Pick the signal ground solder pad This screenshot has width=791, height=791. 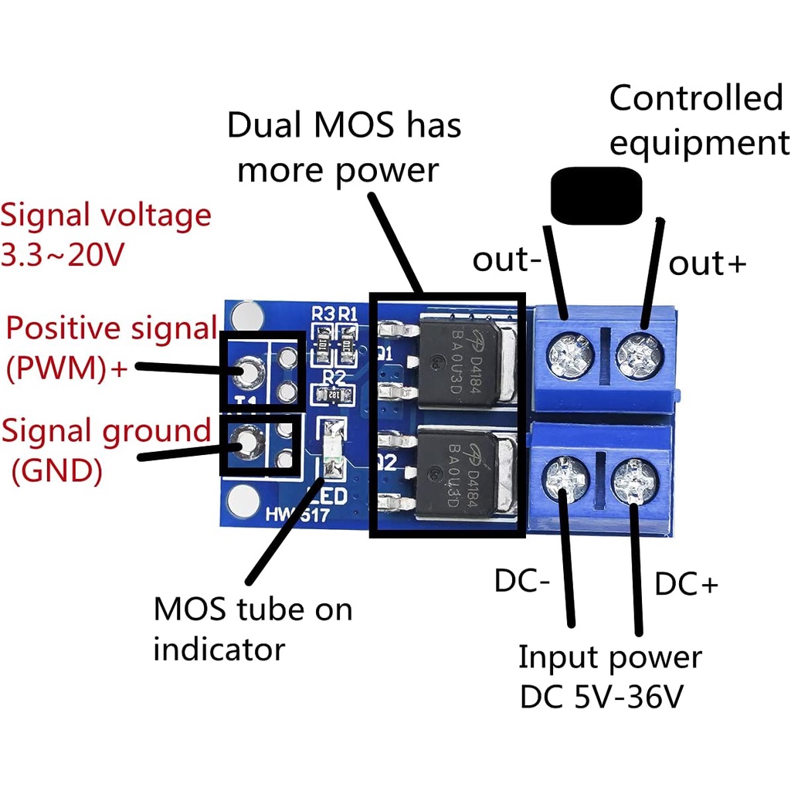click(x=246, y=443)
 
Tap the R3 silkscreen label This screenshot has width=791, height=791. click(x=322, y=314)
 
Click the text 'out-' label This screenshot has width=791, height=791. click(x=507, y=261)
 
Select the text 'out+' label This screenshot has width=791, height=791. click(x=707, y=263)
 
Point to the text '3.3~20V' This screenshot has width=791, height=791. click(x=62, y=255)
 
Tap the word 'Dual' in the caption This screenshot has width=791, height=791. click(x=260, y=126)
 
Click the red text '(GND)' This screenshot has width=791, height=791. click(x=56, y=470)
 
